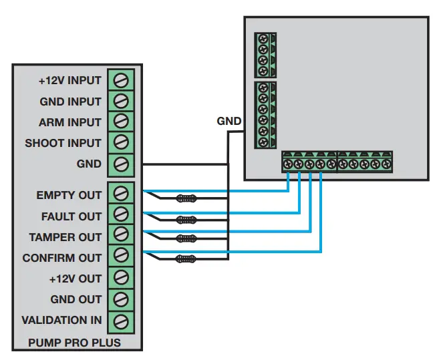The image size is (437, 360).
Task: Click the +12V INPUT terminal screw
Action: (121, 80)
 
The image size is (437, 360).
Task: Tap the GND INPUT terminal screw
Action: (121, 101)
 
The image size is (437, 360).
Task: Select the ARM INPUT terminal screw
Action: (121, 122)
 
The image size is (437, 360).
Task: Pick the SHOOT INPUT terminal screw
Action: (121, 142)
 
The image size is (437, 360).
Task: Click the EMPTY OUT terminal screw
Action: (121, 194)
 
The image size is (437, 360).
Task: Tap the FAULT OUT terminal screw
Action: (121, 215)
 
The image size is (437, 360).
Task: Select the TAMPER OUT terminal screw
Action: (121, 236)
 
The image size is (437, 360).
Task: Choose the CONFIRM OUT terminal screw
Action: (121, 256)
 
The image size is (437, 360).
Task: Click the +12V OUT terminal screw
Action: (121, 277)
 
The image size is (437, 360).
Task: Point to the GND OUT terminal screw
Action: (121, 299)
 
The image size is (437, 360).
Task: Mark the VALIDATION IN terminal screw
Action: (121, 320)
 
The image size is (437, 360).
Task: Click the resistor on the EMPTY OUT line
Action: (186, 198)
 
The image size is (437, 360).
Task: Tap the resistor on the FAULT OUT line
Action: (186, 218)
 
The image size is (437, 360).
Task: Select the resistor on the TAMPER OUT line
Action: (186, 238)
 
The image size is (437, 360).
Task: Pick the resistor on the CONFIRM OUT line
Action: (186, 258)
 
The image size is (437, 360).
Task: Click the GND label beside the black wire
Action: (229, 122)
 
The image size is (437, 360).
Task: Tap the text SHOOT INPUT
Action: (63, 143)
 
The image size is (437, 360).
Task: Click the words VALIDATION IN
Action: (61, 320)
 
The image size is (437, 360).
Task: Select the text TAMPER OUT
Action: (65, 236)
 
